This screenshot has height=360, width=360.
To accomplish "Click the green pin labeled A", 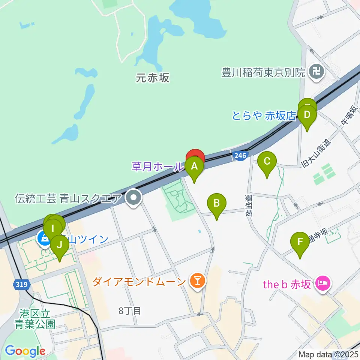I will pyautogui.click(x=194, y=166).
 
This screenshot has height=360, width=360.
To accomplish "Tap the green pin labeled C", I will pyautogui.click(x=267, y=162).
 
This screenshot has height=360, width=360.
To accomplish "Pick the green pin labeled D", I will pyautogui.click(x=307, y=115).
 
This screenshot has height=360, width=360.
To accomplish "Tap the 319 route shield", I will pyautogui.click(x=22, y=285).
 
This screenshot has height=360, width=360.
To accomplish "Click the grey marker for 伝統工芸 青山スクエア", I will pyautogui.click(x=133, y=198).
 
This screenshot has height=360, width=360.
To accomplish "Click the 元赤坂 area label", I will pyautogui.click(x=153, y=78).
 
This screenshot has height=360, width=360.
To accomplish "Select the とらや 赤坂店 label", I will pyautogui.click(x=264, y=115).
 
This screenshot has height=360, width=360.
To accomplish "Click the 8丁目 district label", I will pyautogui.click(x=130, y=310).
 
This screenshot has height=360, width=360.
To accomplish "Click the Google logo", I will pyautogui.click(x=25, y=351).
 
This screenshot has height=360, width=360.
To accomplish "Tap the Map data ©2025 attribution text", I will pyautogui.click(x=328, y=354).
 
